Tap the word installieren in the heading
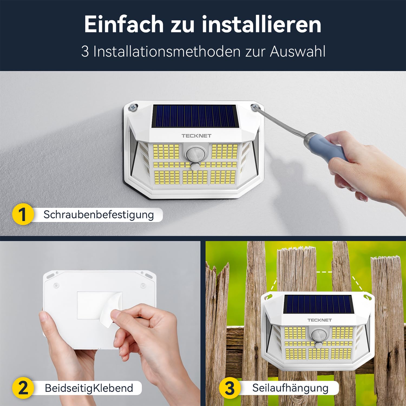tap(261, 24)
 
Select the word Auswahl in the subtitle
tap(297, 51)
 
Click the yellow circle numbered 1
tap(23, 214)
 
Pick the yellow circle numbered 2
tap(23, 388)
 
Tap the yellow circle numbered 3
tap(230, 388)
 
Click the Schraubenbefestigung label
tap(99, 215)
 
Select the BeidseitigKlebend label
tap(89, 388)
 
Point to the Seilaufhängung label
tap(290, 388)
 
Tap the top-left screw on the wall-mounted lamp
tap(133, 107)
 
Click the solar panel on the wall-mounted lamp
tap(194, 116)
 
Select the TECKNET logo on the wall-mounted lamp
tap(196, 136)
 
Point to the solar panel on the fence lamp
tap(318, 304)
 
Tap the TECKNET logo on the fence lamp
tap(320, 320)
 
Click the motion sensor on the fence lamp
tap(318, 335)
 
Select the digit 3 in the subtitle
tap(85, 51)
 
